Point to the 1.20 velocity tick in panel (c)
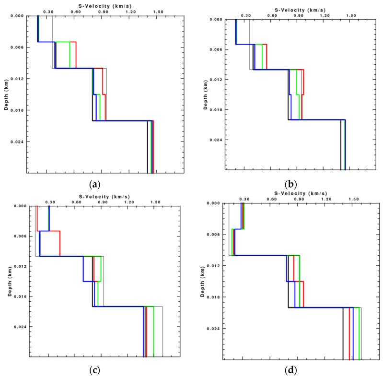tap(129, 202)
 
